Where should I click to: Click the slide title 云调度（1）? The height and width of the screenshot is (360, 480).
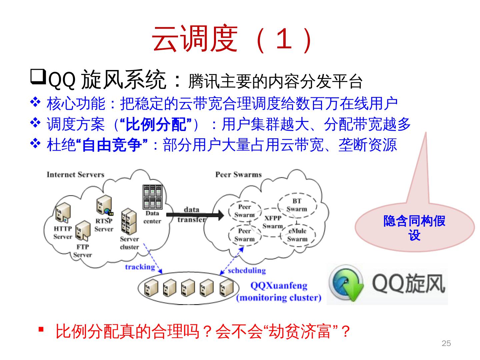[233, 39]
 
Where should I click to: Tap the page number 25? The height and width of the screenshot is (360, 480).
[446, 343]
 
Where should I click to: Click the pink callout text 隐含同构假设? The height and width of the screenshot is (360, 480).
[414, 228]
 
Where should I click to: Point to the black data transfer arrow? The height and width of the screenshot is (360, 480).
[195, 215]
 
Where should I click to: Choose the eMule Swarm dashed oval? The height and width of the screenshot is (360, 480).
[297, 235]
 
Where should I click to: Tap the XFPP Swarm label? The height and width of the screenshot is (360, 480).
[273, 222]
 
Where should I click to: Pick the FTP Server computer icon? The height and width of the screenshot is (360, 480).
[82, 231]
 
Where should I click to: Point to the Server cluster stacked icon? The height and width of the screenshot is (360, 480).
[129, 221]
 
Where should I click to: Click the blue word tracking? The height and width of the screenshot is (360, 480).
[140, 267]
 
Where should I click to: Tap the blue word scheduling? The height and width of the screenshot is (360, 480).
[247, 270]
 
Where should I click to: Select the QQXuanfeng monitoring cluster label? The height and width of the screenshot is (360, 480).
[279, 291]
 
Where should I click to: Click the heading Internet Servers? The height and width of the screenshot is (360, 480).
[75, 174]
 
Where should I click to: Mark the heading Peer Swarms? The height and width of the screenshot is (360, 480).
[238, 174]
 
